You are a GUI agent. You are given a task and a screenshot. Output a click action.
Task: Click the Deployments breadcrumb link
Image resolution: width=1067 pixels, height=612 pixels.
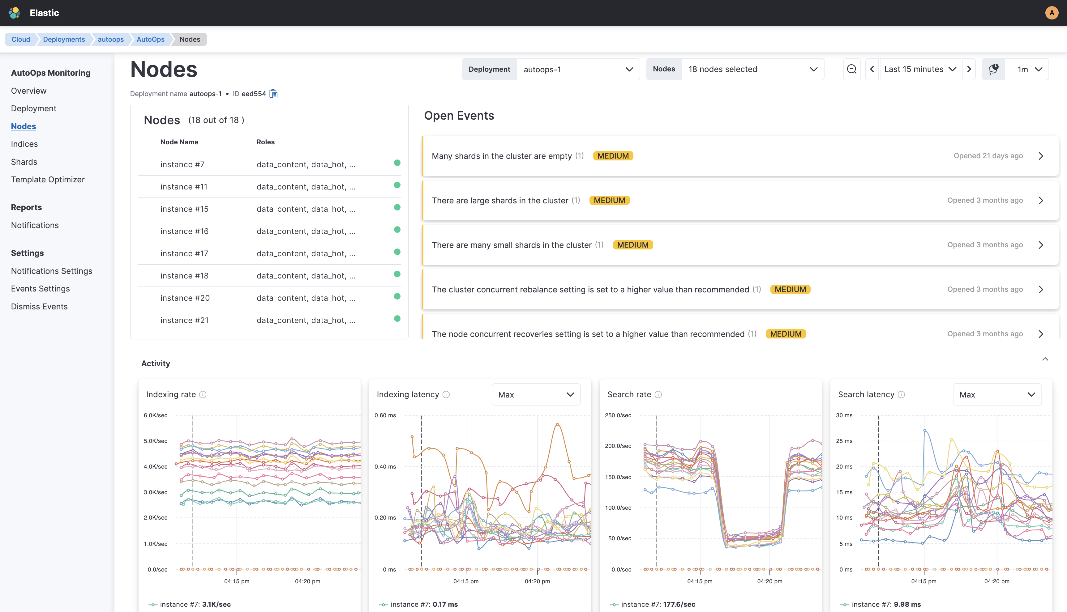click(64, 39)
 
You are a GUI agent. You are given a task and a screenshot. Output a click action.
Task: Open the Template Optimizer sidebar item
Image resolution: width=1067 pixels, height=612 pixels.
click(48, 180)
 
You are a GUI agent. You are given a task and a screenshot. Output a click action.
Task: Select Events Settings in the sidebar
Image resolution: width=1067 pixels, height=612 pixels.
click(41, 288)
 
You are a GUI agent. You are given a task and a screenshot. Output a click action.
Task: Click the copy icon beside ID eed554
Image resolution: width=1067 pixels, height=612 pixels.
click(273, 94)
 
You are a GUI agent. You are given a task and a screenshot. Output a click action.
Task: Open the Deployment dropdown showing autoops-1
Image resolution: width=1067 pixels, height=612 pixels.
click(578, 69)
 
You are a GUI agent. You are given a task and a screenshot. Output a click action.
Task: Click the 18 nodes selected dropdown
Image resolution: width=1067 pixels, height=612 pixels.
click(752, 69)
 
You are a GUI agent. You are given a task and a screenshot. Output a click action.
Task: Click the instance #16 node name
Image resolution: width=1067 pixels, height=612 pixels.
click(184, 231)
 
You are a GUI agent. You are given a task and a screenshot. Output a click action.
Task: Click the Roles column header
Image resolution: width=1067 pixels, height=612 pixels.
click(265, 142)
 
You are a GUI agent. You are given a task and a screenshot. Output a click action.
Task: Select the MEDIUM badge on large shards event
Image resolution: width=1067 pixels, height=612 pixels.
click(609, 201)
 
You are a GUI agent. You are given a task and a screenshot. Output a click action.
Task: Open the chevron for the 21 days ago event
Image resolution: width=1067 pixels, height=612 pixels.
click(1040, 156)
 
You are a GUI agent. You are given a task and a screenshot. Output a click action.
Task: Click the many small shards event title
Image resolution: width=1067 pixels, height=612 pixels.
click(512, 245)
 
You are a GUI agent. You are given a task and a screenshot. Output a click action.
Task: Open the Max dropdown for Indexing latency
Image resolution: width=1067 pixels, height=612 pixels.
click(536, 395)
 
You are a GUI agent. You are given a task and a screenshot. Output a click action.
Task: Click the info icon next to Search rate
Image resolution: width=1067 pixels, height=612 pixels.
click(658, 395)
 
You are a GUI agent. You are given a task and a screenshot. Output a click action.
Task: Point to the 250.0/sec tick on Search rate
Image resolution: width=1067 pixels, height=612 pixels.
click(618, 415)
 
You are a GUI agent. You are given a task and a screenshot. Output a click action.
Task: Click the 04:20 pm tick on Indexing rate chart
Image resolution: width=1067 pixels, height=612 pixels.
click(307, 581)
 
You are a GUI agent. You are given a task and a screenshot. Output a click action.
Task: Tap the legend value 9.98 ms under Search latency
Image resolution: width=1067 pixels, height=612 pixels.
click(907, 605)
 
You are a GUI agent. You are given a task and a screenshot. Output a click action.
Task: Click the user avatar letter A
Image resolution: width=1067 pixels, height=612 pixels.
click(1052, 13)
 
